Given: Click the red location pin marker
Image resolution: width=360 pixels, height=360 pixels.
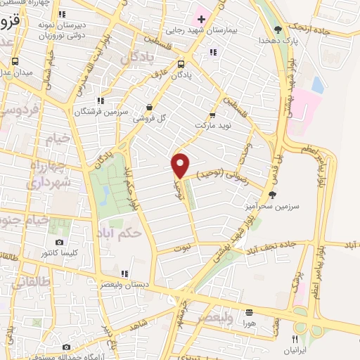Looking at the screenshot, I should [x=180, y=165].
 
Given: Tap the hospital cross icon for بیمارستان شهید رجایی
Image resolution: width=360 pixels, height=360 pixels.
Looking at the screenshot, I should [x=200, y=18].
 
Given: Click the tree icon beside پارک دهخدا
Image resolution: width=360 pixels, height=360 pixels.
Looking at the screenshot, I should [x=278, y=30].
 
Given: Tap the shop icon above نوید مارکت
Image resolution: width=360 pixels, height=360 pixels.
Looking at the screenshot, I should [x=213, y=116].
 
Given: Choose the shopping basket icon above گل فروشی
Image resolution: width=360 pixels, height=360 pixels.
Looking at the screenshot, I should [x=149, y=108].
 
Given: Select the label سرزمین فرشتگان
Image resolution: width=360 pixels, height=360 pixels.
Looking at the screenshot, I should [x=101, y=111].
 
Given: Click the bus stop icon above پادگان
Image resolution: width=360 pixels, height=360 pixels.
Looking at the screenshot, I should [x=181, y=62].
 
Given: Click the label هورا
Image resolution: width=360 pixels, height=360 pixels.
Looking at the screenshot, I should [x=250, y=323].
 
